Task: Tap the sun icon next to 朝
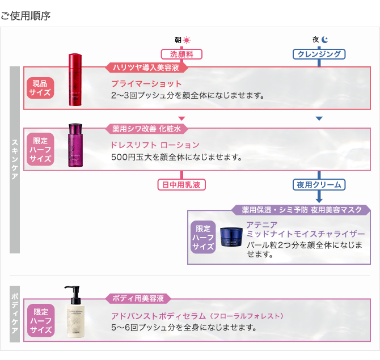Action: click(x=187, y=40)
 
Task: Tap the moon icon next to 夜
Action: click(x=324, y=40)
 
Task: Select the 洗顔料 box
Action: click(x=181, y=54)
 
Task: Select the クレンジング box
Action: click(x=319, y=54)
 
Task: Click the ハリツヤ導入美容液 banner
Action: click(x=146, y=67)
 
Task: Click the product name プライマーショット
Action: click(x=146, y=84)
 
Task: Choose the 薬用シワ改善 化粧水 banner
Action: click(x=146, y=129)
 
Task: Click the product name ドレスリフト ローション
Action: click(x=155, y=145)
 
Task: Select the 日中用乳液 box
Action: click(x=181, y=185)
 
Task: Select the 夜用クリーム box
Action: click(x=319, y=185)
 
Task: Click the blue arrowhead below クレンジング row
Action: click(x=319, y=118)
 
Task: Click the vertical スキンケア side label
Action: click(x=15, y=159)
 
